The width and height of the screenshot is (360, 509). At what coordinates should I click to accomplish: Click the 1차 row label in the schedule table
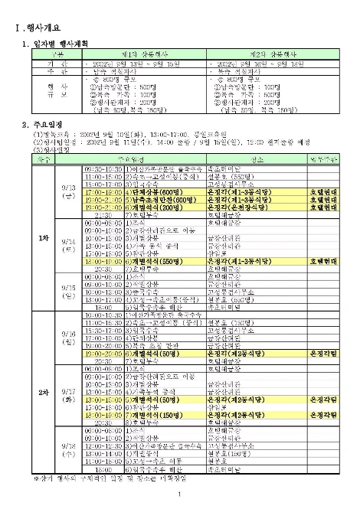pos(44,238)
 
